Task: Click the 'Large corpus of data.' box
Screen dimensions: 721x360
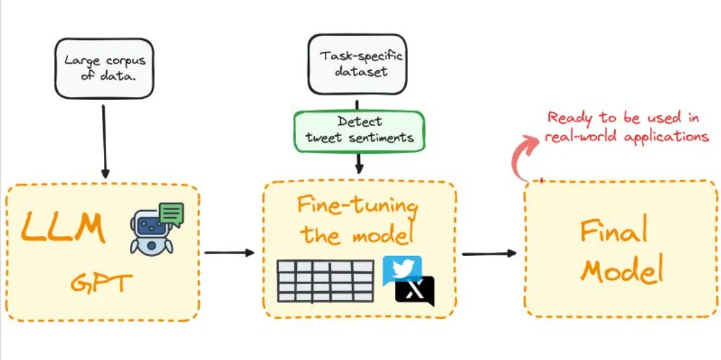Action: pos(104,68)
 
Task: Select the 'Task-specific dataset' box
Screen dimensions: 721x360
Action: pos(357,65)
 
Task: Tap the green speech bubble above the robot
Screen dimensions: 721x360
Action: pos(171,213)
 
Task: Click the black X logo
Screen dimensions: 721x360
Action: pos(415,291)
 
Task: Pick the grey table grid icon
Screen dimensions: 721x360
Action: pos(325,281)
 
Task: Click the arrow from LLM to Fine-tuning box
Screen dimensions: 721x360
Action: pos(229,252)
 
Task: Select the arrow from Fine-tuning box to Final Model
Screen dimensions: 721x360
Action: pos(489,253)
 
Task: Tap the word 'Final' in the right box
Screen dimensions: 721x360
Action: pos(614,232)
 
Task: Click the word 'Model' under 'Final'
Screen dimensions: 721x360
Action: pos(621,271)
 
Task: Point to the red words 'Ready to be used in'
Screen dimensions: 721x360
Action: pos(624,119)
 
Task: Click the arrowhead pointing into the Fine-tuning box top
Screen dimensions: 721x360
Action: pos(360,169)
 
